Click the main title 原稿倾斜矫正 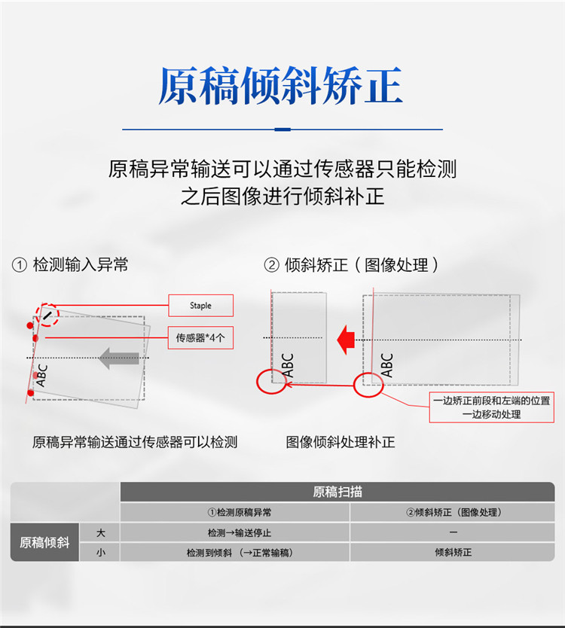point(280,86)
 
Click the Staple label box point(200,306)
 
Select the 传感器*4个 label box point(200,337)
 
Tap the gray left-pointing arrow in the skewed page point(119,358)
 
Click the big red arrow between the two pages point(346,340)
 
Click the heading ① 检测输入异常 point(70,265)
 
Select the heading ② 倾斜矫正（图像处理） point(351,265)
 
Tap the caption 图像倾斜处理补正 point(341,442)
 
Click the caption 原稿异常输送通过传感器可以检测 point(135,442)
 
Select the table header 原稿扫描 point(337,492)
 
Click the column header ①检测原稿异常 point(235,512)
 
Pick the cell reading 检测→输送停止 point(235,532)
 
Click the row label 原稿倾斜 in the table point(44,542)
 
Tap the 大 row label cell point(99,532)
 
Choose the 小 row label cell point(99,552)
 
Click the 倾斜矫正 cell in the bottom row point(453,552)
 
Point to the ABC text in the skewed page point(41,375)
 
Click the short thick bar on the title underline point(282,130)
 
